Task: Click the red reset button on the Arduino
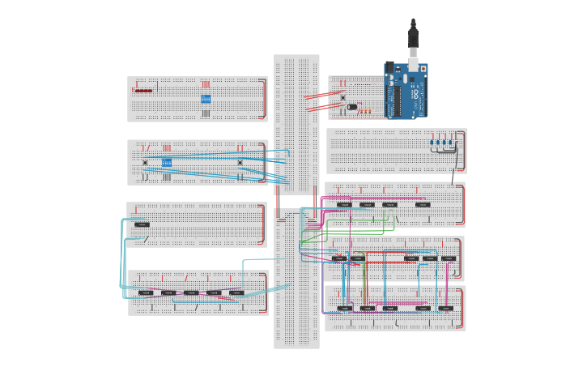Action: (423, 69)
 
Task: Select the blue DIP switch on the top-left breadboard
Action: (206, 99)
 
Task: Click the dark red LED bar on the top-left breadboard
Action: (143, 90)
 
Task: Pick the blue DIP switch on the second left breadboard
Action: (167, 162)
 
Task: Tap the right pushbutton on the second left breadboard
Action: (240, 163)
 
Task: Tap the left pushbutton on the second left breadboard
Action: (145, 163)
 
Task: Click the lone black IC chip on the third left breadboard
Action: (142, 224)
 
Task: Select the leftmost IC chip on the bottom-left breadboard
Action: (145, 292)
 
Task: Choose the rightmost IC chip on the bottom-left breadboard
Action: (236, 292)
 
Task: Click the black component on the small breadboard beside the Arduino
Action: (352, 106)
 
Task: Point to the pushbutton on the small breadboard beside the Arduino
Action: (343, 97)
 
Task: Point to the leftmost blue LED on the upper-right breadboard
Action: (433, 141)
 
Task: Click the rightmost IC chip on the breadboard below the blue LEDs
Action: (423, 204)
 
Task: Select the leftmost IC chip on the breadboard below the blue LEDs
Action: (344, 204)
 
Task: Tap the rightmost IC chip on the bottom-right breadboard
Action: (445, 308)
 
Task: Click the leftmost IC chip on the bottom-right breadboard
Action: (345, 308)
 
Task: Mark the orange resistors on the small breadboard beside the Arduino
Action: (364, 111)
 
